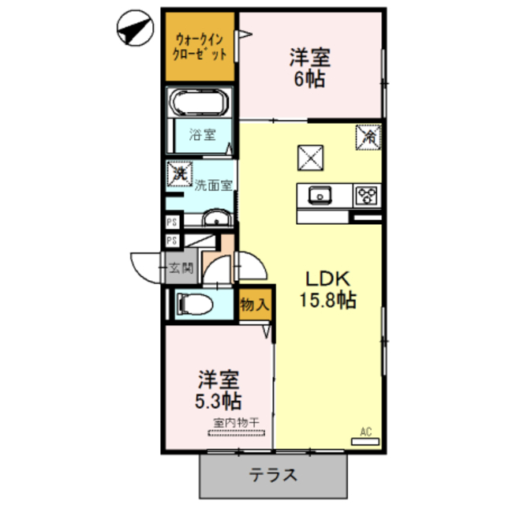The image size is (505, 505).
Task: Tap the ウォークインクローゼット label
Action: [201, 46]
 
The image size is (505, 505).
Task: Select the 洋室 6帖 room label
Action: [309, 68]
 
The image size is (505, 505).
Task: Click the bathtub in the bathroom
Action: [200, 102]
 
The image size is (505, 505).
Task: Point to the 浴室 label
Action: [202, 134]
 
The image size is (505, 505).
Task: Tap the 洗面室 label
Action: [213, 186]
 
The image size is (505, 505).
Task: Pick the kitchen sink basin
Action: [320, 194]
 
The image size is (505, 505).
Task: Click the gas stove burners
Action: [367, 193]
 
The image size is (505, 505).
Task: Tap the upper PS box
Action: [171, 223]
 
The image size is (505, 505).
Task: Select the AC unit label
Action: [365, 431]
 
